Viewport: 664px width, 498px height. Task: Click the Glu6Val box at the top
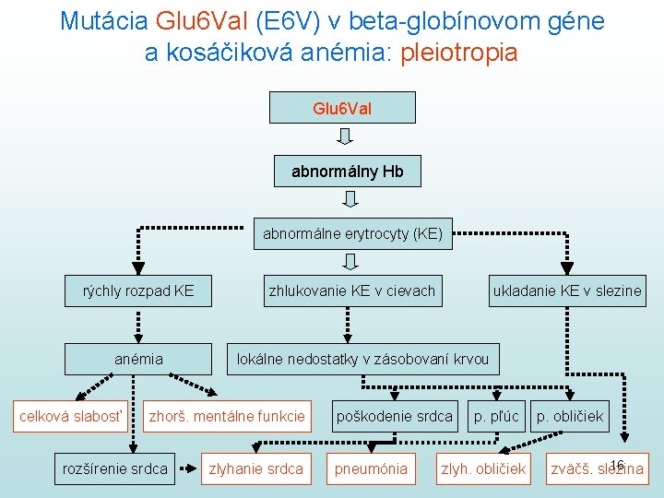[x=342, y=108]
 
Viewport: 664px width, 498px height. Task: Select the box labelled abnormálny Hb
[x=348, y=172]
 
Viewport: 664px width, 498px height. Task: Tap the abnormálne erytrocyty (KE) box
[x=352, y=234]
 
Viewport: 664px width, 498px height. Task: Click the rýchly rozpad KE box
[x=138, y=290]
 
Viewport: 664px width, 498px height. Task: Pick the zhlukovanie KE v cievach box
[x=351, y=290]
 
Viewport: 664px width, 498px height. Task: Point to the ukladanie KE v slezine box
[x=567, y=290]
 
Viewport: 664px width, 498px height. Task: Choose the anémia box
[x=138, y=359]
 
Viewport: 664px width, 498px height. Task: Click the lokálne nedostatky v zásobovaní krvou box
[x=363, y=359]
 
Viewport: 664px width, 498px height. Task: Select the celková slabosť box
[x=71, y=416]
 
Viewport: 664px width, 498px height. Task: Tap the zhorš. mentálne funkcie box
[x=227, y=416]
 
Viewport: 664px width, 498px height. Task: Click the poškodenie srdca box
[x=395, y=416]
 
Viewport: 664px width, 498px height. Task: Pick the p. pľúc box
[x=497, y=416]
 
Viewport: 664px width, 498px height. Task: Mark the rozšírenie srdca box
[x=115, y=468]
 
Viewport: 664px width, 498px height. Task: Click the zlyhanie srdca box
[x=255, y=468]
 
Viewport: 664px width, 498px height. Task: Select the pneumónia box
[x=372, y=468]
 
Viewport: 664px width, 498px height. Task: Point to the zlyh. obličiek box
[x=484, y=468]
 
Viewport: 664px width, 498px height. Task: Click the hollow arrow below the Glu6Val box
[x=345, y=137]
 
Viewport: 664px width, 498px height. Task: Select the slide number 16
[x=618, y=463]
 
